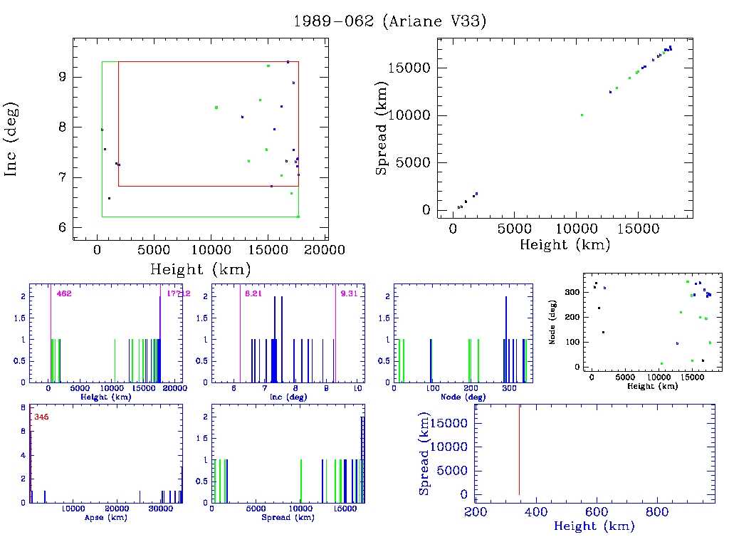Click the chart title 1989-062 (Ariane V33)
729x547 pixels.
(x=390, y=21)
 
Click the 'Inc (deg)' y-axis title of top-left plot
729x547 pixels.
(x=12, y=139)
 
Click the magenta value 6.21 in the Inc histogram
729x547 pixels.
(x=253, y=293)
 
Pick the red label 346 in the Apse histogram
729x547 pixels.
(x=41, y=417)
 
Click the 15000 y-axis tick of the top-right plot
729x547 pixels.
(x=411, y=68)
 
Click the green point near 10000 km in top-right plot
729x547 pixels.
(x=582, y=115)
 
